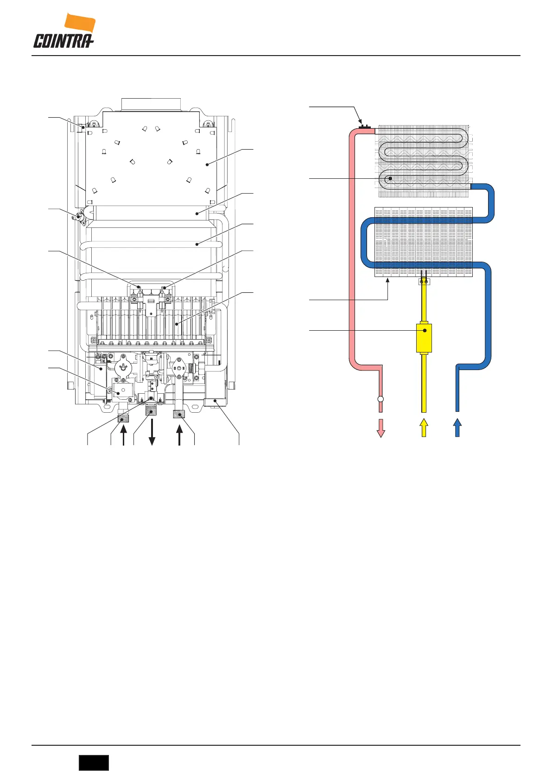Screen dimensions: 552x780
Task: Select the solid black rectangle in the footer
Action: pyautogui.click(x=94, y=762)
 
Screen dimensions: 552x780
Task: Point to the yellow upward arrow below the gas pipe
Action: pyautogui.click(x=423, y=428)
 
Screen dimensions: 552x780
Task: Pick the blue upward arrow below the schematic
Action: pyautogui.click(x=457, y=428)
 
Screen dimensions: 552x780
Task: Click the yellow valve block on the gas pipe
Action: pyautogui.click(x=424, y=338)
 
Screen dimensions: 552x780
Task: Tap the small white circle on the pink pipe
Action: pyautogui.click(x=381, y=399)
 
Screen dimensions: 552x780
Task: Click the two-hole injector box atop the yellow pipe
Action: pyautogui.click(x=424, y=281)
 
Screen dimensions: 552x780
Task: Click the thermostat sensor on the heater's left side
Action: pyautogui.click(x=81, y=216)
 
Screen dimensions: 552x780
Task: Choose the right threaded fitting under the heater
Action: pyautogui.click(x=180, y=414)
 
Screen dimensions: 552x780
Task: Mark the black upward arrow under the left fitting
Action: pyautogui.click(x=123, y=435)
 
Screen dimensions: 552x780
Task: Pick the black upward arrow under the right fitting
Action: pyautogui.click(x=180, y=435)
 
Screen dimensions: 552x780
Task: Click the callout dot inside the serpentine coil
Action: pyautogui.click(x=390, y=178)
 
